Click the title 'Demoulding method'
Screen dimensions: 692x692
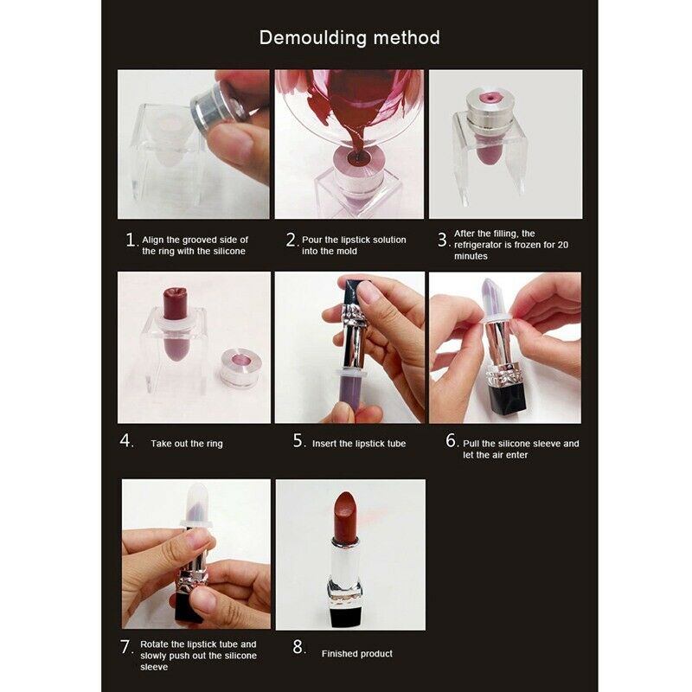(x=349, y=38)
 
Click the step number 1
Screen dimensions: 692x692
(x=130, y=240)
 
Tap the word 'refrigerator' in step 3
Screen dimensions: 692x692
(x=482, y=245)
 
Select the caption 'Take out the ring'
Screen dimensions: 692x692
(x=186, y=444)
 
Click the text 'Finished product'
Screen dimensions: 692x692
(x=356, y=653)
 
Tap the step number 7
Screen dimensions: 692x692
(x=125, y=646)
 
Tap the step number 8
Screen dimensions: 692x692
(x=298, y=647)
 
